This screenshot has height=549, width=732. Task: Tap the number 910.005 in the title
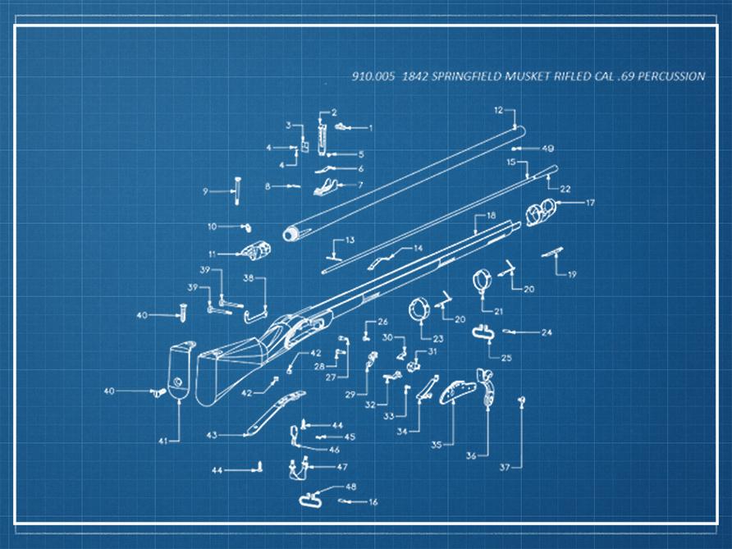point(368,76)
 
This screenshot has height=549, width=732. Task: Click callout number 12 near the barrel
point(498,109)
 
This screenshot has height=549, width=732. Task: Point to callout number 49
point(547,149)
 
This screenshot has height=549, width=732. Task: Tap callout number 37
point(505,467)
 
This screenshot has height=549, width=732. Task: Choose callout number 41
point(162,441)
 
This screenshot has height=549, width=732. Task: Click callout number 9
point(205,191)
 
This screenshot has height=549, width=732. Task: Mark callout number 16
point(373,502)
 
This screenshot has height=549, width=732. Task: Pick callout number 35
point(437,444)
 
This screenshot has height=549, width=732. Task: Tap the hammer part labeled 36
point(490,387)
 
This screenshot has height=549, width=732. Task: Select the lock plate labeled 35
point(458,391)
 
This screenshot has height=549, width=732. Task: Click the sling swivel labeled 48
point(313,496)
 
